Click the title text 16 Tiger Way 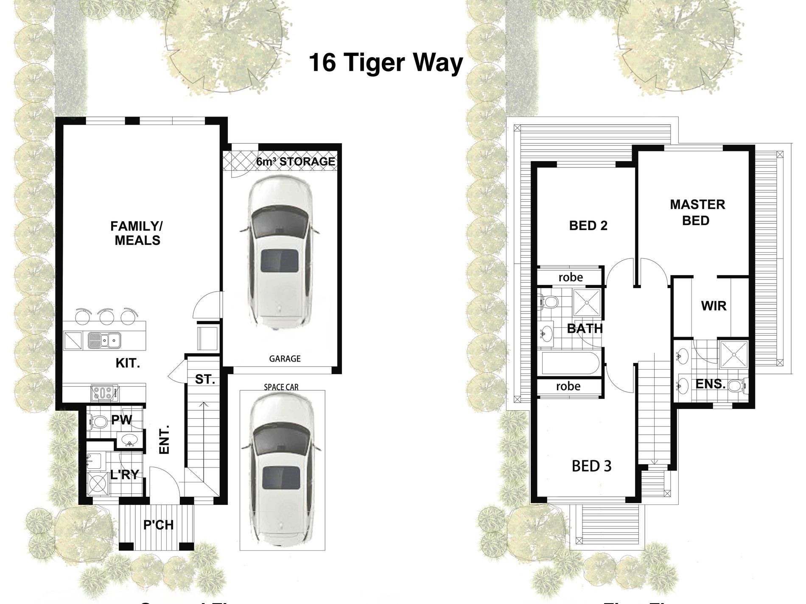click(x=385, y=64)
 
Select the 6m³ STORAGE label click(x=296, y=161)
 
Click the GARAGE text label click(x=285, y=359)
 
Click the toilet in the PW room click(x=98, y=422)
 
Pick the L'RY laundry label click(x=125, y=475)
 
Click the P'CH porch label click(x=158, y=525)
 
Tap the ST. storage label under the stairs click(x=205, y=379)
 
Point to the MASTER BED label click(x=697, y=212)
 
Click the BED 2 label click(x=588, y=225)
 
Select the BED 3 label click(x=591, y=466)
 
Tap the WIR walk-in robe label click(x=714, y=306)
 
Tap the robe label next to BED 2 click(x=571, y=278)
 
